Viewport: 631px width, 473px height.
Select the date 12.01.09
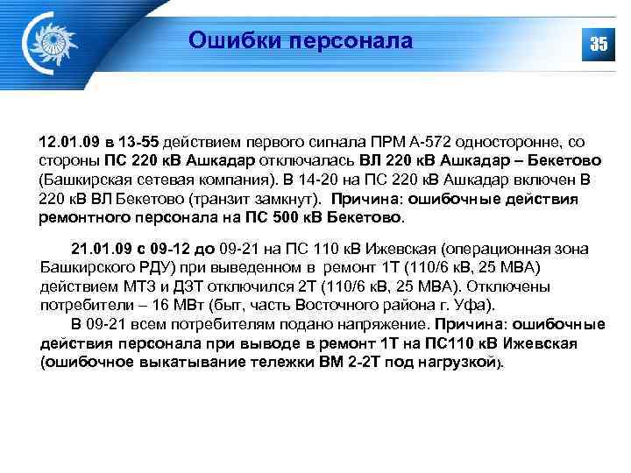(x=68, y=142)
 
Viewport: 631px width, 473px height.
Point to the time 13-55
(x=139, y=142)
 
